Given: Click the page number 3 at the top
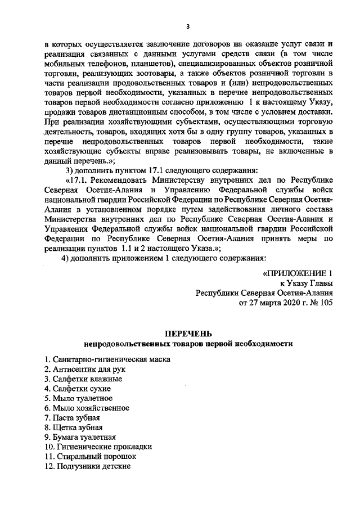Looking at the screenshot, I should (188, 26).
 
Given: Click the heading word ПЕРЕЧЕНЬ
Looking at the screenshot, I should (188, 334).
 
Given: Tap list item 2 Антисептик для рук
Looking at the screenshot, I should (85, 369).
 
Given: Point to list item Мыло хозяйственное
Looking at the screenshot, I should (87, 408).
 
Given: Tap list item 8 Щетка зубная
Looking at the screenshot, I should (74, 427).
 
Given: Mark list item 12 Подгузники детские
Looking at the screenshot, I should (88, 466).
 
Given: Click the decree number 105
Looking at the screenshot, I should (327, 303).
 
